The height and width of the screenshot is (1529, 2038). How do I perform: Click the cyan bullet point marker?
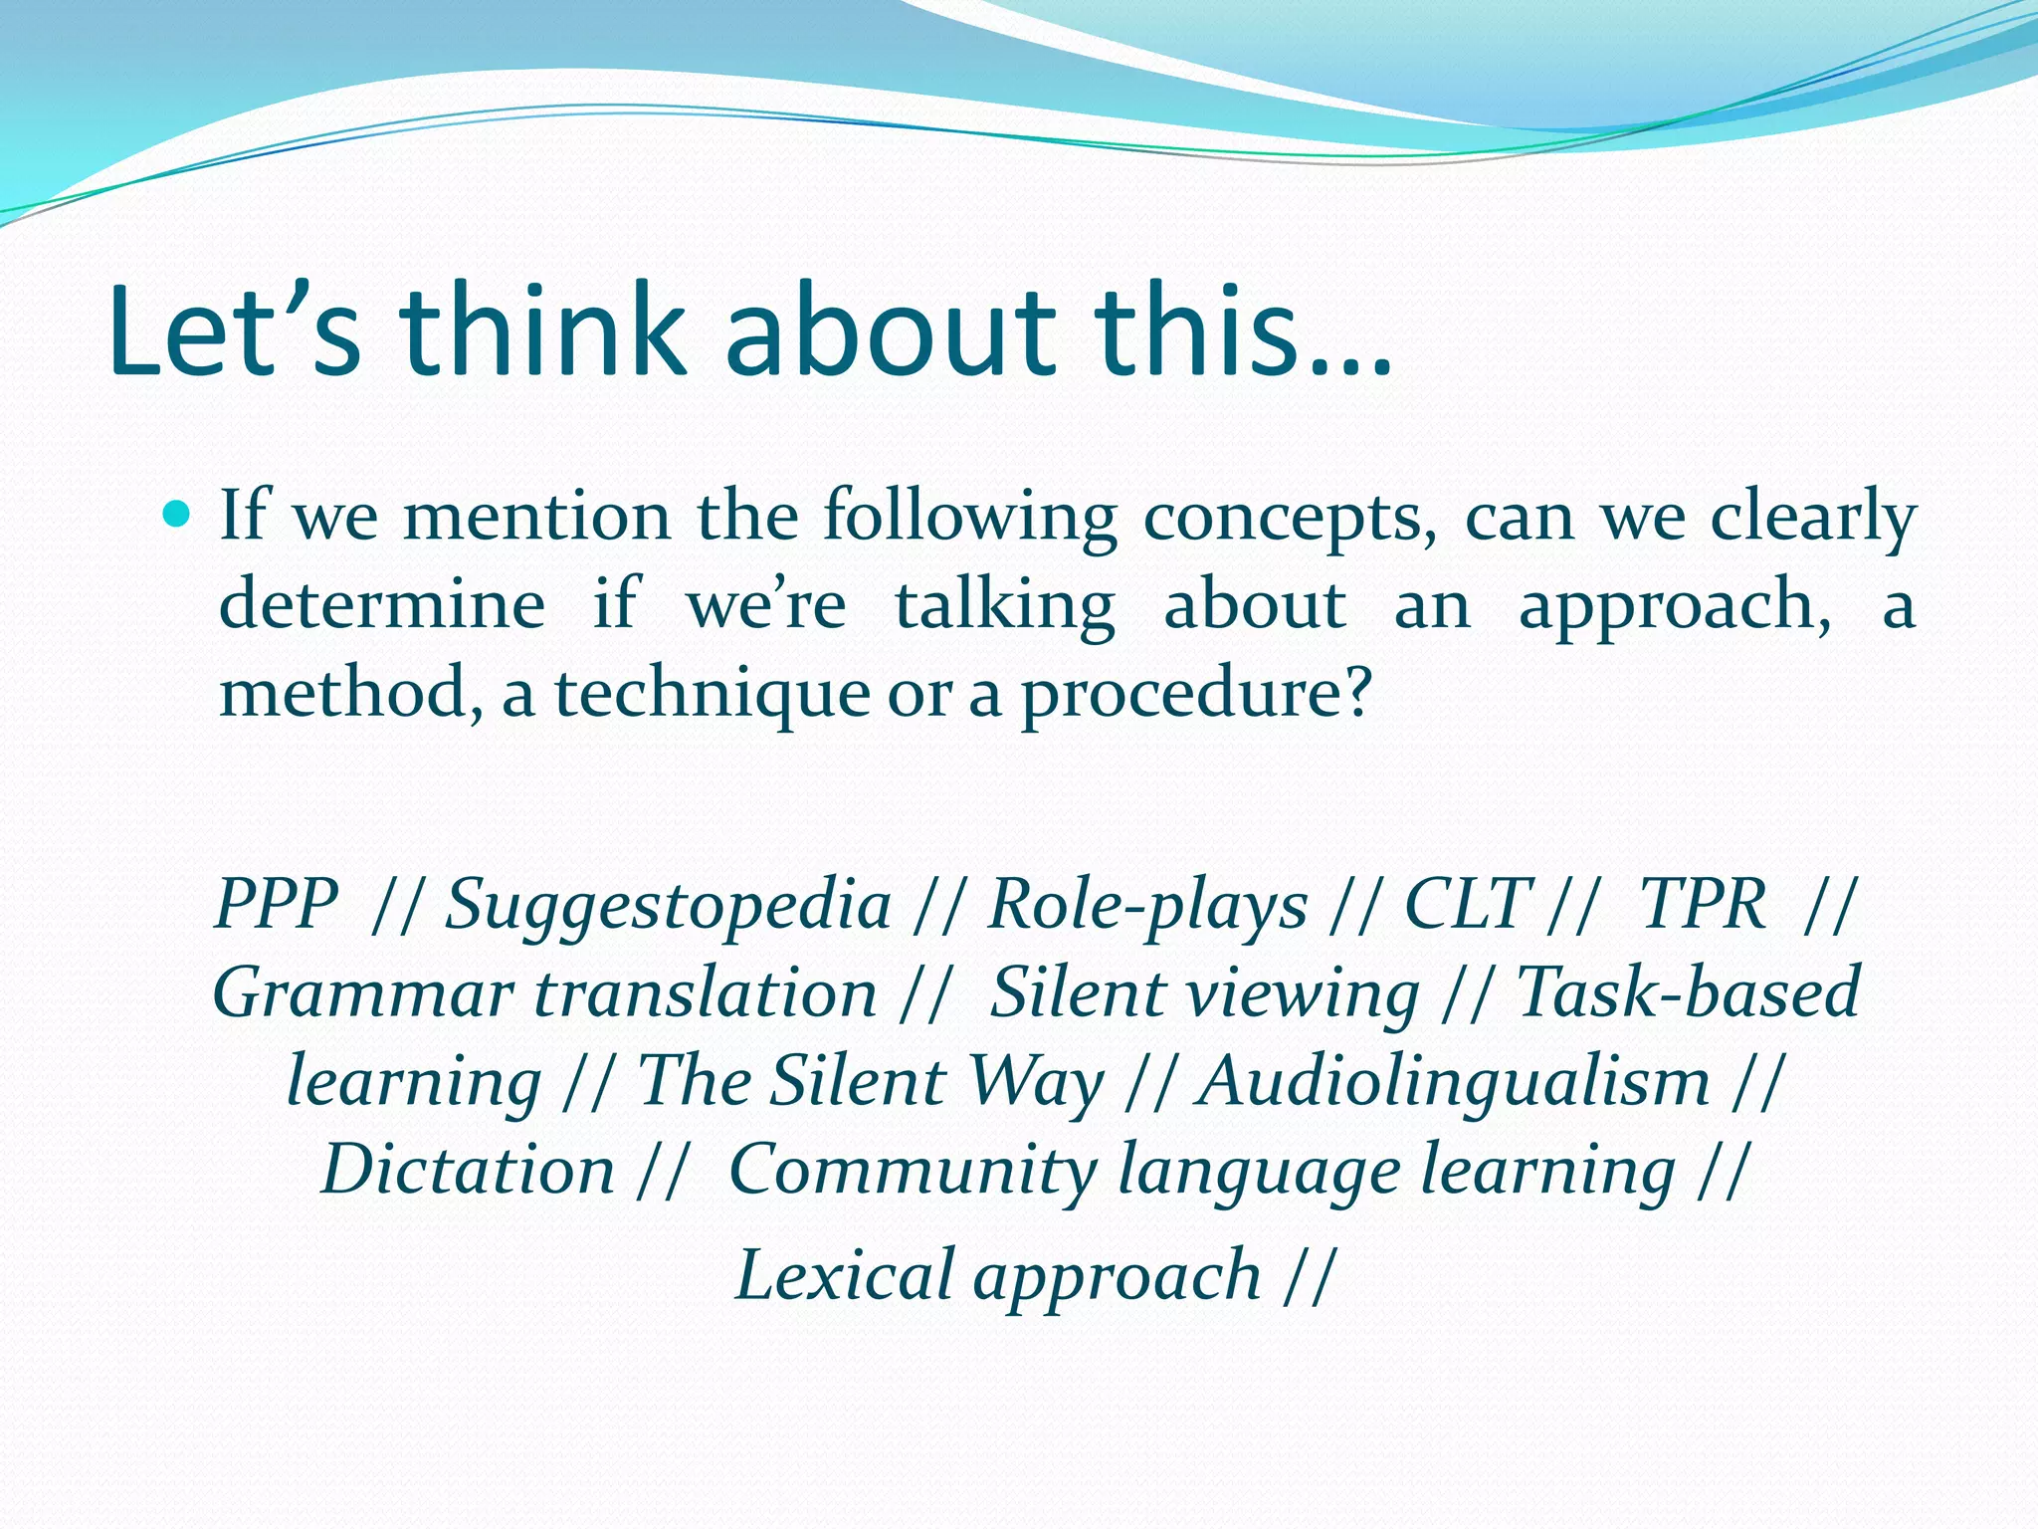click(177, 515)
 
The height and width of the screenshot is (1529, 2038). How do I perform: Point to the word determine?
click(382, 605)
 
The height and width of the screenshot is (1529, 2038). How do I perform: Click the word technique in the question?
click(713, 695)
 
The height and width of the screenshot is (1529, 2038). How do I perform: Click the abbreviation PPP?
click(278, 904)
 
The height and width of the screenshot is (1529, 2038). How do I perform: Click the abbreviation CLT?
click(1467, 904)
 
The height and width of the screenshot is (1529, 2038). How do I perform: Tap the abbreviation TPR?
click(1703, 904)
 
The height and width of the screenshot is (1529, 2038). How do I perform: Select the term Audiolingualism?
click(1454, 1083)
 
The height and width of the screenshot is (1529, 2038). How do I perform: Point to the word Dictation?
click(469, 1169)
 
